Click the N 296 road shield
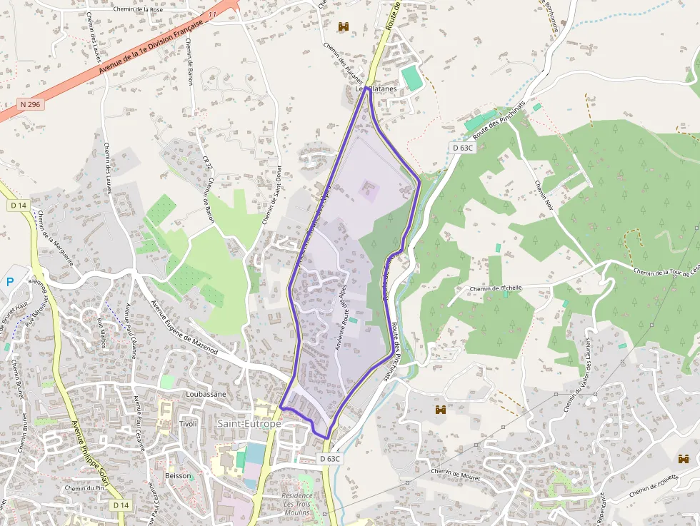coord(30,104)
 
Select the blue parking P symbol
coord(10,282)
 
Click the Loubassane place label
coord(206,394)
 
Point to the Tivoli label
coord(188,424)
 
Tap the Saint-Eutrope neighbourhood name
coord(249,424)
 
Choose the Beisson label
coord(178,475)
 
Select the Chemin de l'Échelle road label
coord(495,288)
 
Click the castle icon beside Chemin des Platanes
coord(344,26)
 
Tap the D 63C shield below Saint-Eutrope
coord(329,458)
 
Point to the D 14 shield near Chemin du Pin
coord(121,505)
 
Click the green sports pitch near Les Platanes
coord(411,77)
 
